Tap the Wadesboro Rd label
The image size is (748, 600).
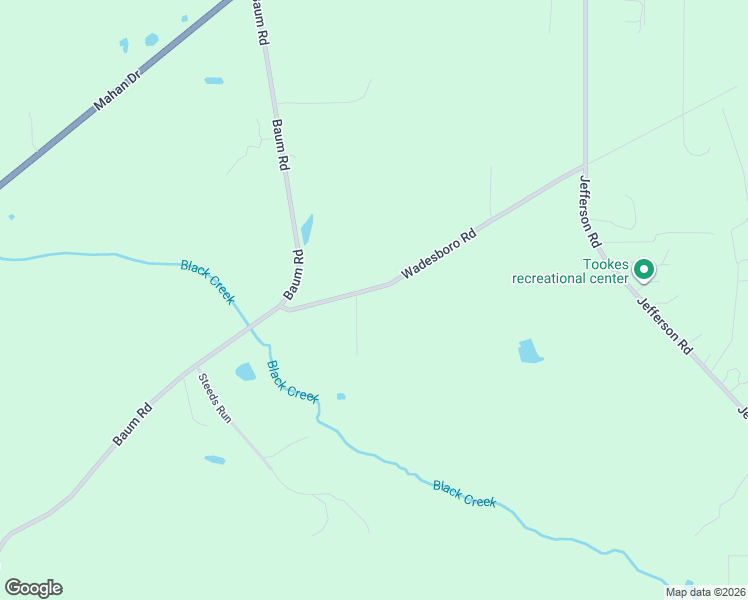439,256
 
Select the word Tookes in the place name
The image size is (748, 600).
606,265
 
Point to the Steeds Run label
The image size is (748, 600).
214,398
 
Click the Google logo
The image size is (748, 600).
33,588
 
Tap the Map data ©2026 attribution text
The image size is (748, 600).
706,592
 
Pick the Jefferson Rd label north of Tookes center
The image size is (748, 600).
589,211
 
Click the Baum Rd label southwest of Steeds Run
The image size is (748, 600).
132,424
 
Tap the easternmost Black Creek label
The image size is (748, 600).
464,494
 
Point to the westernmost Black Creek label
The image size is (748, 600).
208,281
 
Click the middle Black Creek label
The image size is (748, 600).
292,380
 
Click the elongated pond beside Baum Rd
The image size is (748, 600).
307,229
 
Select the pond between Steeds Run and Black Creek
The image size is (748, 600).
245,372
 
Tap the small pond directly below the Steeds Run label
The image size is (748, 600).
214,460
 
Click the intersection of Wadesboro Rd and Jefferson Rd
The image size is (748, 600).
585,166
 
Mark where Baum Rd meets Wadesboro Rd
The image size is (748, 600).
285,306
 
